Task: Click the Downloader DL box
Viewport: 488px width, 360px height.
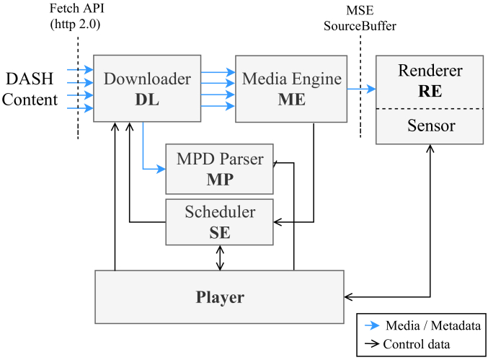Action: pyautogui.click(x=147, y=89)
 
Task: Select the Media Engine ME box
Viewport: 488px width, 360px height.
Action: pyautogui.click(x=291, y=89)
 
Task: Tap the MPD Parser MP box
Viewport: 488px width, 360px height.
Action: pyautogui.click(x=219, y=169)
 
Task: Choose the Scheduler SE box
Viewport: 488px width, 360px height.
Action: pyautogui.click(x=219, y=222)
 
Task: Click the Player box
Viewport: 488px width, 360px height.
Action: pyautogui.click(x=219, y=297)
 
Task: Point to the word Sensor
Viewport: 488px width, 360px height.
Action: pyautogui.click(x=431, y=126)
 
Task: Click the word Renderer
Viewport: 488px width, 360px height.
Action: pyautogui.click(x=430, y=71)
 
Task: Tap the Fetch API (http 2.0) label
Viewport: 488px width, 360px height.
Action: pyautogui.click(x=76, y=16)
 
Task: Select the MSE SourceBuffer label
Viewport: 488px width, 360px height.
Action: pyautogui.click(x=360, y=18)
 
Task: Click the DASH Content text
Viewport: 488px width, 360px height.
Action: pyautogui.click(x=30, y=89)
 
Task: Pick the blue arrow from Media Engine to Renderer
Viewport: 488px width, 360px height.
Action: pyautogui.click(x=362, y=89)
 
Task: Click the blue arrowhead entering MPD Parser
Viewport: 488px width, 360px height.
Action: pyautogui.click(x=161, y=169)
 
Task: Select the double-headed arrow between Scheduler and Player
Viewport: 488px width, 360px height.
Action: pyautogui.click(x=220, y=258)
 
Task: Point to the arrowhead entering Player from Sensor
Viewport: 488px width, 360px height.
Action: pyautogui.click(x=348, y=297)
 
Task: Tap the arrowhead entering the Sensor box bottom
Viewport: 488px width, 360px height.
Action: pyautogui.click(x=430, y=148)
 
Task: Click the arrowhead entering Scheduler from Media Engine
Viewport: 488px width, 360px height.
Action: pyautogui.click(x=278, y=222)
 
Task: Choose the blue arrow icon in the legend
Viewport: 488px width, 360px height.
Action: pyautogui.click(x=372, y=326)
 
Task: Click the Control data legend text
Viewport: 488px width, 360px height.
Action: pyautogui.click(x=417, y=344)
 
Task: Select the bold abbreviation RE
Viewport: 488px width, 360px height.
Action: pyautogui.click(x=430, y=91)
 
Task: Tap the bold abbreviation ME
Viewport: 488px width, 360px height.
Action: pyautogui.click(x=292, y=100)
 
